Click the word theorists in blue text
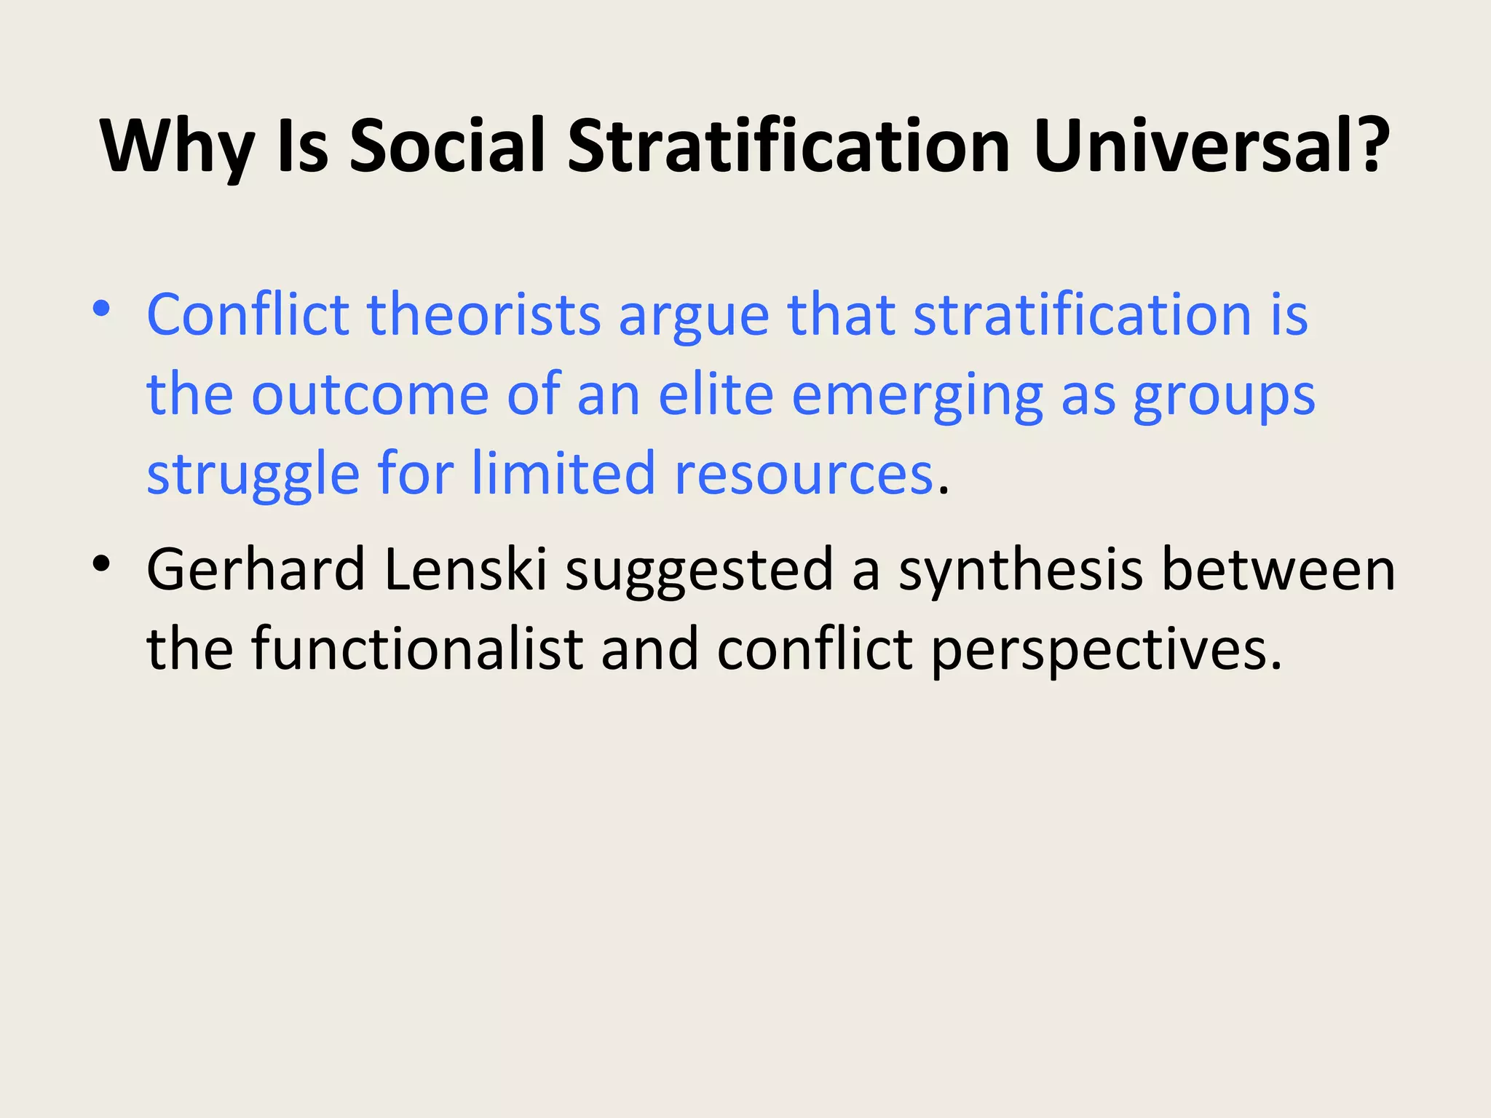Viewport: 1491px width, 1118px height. pyautogui.click(x=483, y=314)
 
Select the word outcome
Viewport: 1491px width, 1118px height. pyautogui.click(x=369, y=395)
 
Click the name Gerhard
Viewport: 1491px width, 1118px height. pyautogui.click(x=256, y=569)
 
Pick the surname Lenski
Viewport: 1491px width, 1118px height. pyautogui.click(x=465, y=569)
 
